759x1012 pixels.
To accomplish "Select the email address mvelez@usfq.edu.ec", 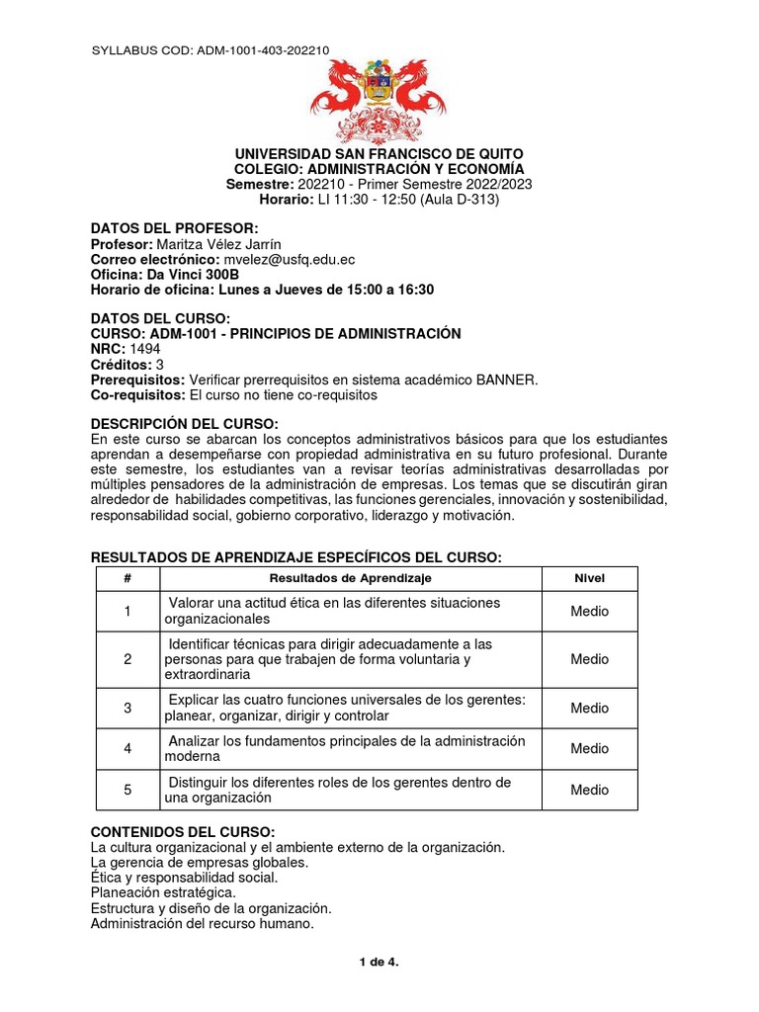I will click(x=290, y=259).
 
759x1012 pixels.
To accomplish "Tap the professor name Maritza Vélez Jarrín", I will click(x=227, y=244).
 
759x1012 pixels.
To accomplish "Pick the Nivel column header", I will click(x=589, y=578).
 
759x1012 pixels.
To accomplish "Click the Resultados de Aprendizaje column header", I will click(x=351, y=578).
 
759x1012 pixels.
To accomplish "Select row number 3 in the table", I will click(x=127, y=708).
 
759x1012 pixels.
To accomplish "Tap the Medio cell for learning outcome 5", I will click(x=589, y=790).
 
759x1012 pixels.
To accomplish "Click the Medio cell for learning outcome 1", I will click(x=589, y=611).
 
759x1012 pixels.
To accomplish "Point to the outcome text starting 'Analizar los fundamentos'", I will click(x=346, y=748).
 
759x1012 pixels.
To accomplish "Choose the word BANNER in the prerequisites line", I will click(x=505, y=379).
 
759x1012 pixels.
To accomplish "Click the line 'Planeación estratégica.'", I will click(x=163, y=892).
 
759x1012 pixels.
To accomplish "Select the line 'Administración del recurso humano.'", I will click(x=202, y=924).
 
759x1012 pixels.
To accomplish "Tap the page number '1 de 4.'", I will click(x=379, y=961).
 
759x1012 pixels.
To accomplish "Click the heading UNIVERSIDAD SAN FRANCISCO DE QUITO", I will click(x=379, y=154).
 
